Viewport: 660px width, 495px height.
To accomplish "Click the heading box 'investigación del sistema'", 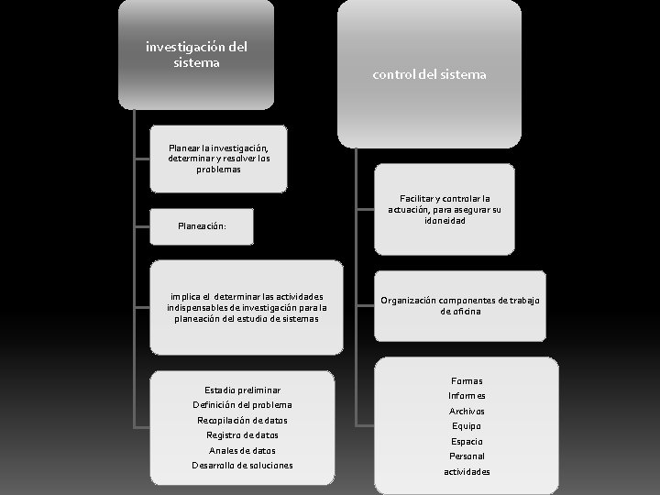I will pyautogui.click(x=196, y=55).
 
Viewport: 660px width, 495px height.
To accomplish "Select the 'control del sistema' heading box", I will pyautogui.click(x=429, y=74).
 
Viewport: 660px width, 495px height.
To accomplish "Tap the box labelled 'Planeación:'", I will pyautogui.click(x=202, y=225).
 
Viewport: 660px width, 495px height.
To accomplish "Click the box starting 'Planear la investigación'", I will pyautogui.click(x=218, y=158).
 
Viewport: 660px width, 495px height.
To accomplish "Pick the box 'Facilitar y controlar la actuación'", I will pyautogui.click(x=445, y=209).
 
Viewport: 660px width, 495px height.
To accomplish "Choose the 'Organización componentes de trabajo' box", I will pyautogui.click(x=459, y=306).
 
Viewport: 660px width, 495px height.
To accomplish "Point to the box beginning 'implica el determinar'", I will pyautogui.click(x=246, y=307).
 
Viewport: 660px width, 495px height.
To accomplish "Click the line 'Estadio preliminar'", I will pyautogui.click(x=242, y=390).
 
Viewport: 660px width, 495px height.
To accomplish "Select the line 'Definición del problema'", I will pyautogui.click(x=242, y=404).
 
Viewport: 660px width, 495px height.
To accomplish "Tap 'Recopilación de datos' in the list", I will pyautogui.click(x=242, y=420).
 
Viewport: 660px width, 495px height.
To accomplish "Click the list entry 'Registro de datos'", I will pyautogui.click(x=242, y=434).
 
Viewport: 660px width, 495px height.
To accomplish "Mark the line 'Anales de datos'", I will pyautogui.click(x=242, y=450).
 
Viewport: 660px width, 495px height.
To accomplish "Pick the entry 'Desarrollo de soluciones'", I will pyautogui.click(x=242, y=465).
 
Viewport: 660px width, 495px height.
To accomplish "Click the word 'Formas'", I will pyautogui.click(x=467, y=380).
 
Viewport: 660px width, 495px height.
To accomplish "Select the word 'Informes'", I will pyautogui.click(x=467, y=395).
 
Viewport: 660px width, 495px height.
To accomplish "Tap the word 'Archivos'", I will pyautogui.click(x=467, y=411).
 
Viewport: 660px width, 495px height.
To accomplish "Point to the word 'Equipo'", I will pyautogui.click(x=467, y=425).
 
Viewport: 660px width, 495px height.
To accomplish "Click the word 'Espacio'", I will pyautogui.click(x=467, y=441).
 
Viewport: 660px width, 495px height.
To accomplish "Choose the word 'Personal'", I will pyautogui.click(x=467, y=456).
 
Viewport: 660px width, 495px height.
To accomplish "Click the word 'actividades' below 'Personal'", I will pyautogui.click(x=467, y=471).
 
